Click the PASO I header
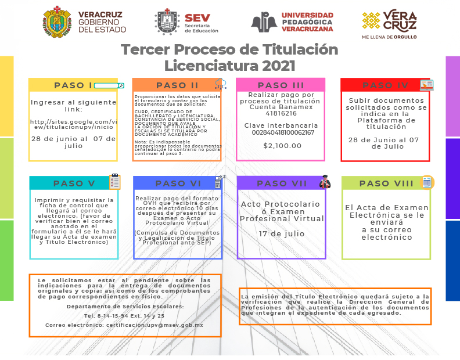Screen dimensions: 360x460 tap(73, 85)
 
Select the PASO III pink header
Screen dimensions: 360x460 tap(281, 85)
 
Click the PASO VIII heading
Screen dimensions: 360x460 tap(386, 183)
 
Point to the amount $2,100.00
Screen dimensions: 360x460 tap(282, 146)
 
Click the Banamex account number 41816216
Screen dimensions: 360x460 tap(281, 114)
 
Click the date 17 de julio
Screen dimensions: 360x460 tap(281, 233)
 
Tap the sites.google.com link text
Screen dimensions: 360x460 tap(73, 124)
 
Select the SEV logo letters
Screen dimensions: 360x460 tap(197, 17)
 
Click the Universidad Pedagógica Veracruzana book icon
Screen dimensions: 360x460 tap(264, 21)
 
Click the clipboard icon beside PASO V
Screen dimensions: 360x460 tap(114, 182)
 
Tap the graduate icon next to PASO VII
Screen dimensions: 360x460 tap(325, 182)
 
